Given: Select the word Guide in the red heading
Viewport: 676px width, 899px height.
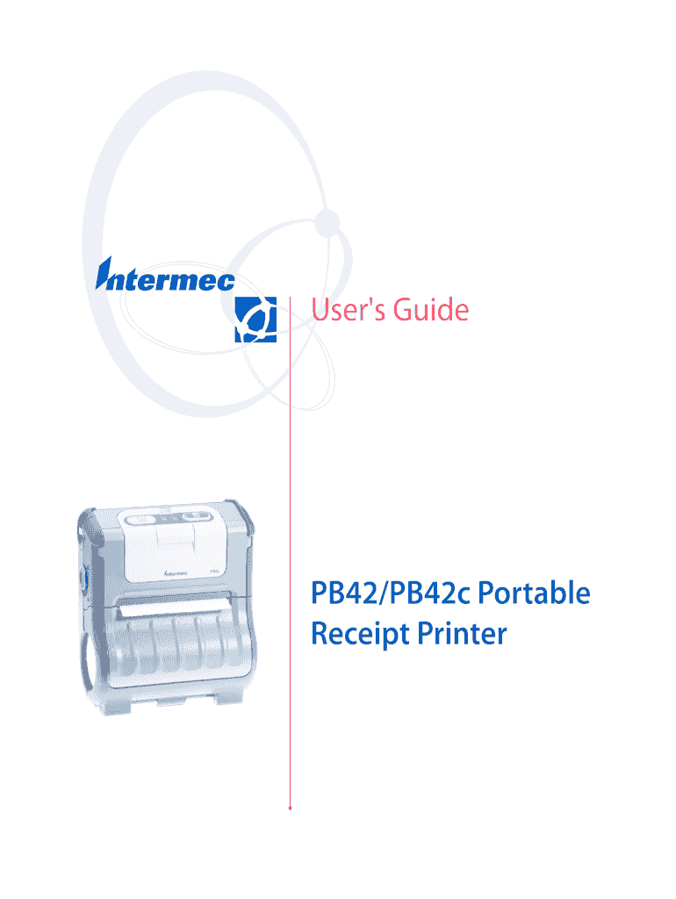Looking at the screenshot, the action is [430, 310].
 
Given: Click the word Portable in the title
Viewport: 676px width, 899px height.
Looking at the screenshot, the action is [534, 593].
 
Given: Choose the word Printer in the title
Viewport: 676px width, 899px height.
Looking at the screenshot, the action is [462, 634].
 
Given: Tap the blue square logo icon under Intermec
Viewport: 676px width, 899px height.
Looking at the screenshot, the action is [255, 320].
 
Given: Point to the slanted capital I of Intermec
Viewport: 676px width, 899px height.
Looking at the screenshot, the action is [104, 273].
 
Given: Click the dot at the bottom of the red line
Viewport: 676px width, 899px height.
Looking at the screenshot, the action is [290, 808].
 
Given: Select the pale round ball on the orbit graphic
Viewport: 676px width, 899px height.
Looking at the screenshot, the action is [327, 222].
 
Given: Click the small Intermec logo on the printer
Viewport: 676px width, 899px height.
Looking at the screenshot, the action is [176, 572].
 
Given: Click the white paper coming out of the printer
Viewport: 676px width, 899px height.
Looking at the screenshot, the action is [174, 606].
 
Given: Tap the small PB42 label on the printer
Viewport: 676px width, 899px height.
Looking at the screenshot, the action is [213, 571].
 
